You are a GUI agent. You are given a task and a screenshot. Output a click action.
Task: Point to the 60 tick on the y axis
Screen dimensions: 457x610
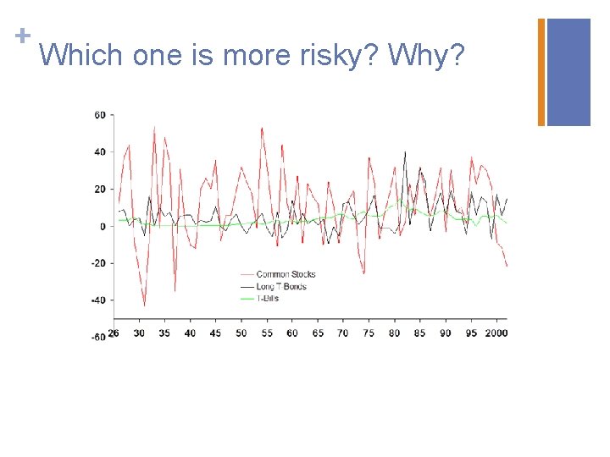(x=100, y=115)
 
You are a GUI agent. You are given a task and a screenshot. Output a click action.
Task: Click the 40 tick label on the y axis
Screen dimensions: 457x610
(x=100, y=152)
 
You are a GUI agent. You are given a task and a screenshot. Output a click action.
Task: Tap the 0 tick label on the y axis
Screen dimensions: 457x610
(x=103, y=226)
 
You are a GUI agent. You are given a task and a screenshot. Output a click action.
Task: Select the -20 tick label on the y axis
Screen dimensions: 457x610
(x=98, y=263)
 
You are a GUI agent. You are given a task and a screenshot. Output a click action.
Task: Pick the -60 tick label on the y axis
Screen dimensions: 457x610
(x=98, y=337)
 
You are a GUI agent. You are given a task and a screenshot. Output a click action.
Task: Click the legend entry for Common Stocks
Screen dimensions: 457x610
(x=285, y=274)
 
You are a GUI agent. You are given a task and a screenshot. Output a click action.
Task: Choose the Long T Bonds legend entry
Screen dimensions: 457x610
(x=280, y=286)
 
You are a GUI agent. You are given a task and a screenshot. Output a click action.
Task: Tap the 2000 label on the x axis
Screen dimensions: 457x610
(x=496, y=333)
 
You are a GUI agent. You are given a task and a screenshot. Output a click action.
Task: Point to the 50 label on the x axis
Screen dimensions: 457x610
(x=241, y=333)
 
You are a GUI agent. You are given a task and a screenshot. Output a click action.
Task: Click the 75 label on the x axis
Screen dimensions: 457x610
(x=369, y=333)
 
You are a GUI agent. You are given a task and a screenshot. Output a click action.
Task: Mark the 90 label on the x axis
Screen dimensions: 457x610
(x=445, y=333)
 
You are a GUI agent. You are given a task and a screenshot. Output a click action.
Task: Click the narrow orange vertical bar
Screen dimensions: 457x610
(x=541, y=72)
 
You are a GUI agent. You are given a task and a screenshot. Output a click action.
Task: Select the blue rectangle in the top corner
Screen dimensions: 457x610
(x=568, y=72)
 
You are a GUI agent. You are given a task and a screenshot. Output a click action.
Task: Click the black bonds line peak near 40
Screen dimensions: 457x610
(x=405, y=153)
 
